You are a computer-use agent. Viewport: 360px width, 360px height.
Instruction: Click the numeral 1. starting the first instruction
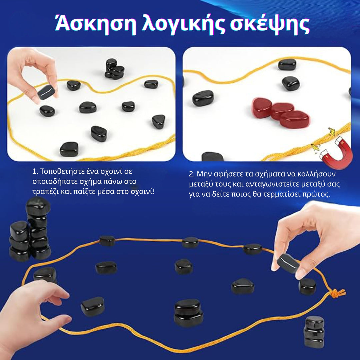click(x=35, y=172)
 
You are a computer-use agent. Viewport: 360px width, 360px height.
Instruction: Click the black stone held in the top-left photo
click(x=46, y=92)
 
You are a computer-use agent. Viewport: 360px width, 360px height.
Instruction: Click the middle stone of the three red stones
click(x=282, y=111)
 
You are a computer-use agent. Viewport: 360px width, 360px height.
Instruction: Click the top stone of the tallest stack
click(x=38, y=206)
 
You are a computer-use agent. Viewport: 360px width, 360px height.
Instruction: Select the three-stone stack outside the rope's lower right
click(x=314, y=331)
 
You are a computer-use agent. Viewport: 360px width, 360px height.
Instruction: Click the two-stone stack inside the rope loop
click(x=188, y=312)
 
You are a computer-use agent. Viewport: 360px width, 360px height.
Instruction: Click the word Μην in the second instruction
click(x=204, y=174)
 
